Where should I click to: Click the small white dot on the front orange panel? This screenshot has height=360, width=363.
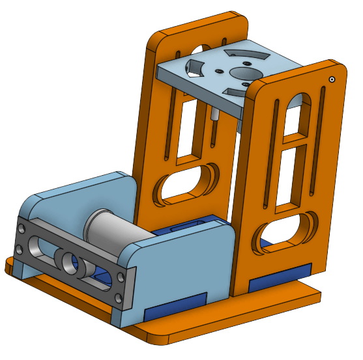pyautogui.click(x=332, y=79)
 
